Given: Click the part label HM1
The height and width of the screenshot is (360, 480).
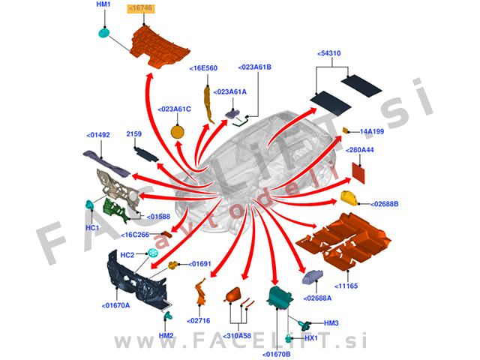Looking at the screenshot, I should point(103,4).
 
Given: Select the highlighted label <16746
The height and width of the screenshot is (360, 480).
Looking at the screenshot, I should point(141,7).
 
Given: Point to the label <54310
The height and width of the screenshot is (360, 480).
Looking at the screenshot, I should point(329,54).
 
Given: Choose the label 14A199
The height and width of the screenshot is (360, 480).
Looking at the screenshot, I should point(372,131).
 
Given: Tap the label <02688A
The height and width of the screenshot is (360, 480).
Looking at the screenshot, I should point(319,298).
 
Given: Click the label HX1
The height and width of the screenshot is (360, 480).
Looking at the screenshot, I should point(331,339).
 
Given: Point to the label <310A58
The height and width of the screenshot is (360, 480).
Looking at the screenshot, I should point(238,315).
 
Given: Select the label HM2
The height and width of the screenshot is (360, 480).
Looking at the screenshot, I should point(166,335).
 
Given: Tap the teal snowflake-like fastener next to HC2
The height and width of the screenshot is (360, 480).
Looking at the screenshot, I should point(153,255).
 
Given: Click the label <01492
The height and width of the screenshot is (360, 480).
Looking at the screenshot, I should point(98,136).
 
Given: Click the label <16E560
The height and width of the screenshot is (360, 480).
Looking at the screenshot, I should point(203,67).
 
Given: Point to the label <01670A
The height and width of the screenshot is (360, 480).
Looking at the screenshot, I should point(115,305).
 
